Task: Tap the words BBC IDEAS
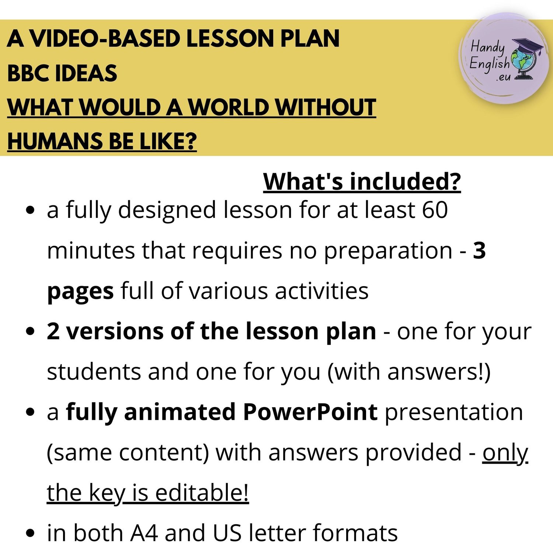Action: coord(62,73)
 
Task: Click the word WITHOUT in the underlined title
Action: coord(326,107)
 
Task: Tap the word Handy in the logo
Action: coord(487,48)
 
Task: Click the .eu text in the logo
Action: coord(504,77)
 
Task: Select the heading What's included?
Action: coord(362,182)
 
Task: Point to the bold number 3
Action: coord(479,250)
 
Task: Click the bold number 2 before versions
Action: coord(53,331)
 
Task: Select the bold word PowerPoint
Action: coord(310,412)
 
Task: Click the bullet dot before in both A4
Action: coord(31,533)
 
